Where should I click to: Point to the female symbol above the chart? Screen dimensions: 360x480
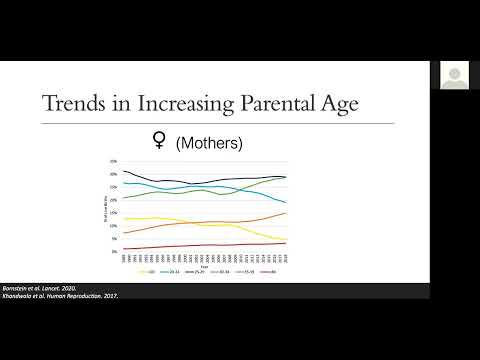(x=157, y=143)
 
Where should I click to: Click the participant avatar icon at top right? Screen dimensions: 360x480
(x=457, y=73)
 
